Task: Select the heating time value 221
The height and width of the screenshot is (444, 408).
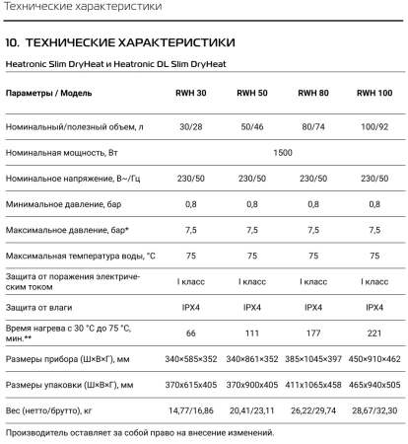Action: point(374,333)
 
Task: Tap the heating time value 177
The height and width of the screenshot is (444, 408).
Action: point(312,333)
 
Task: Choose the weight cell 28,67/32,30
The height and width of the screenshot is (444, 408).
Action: point(374,408)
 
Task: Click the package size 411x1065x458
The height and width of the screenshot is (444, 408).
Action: point(312,384)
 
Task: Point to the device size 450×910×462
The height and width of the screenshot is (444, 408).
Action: point(374,358)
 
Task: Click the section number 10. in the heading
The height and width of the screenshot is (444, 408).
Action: point(13,43)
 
